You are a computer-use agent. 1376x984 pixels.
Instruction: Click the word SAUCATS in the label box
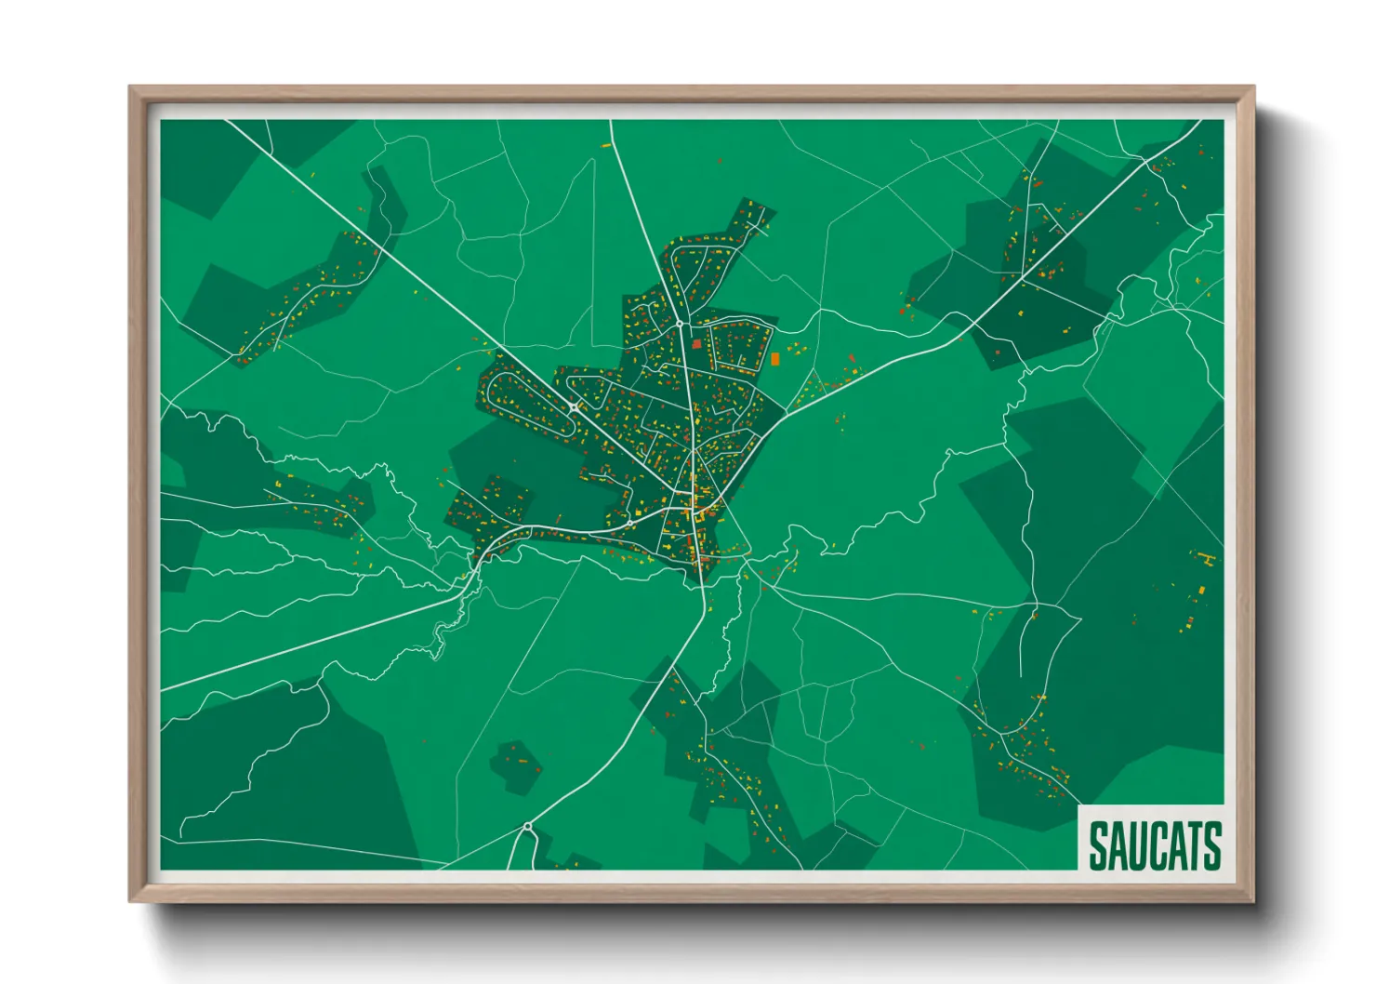coord(1154,844)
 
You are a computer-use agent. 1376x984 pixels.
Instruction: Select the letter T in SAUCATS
coord(1192,844)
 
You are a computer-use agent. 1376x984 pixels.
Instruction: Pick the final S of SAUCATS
coord(1211,844)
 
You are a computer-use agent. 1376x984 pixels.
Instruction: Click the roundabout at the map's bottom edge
coord(527,826)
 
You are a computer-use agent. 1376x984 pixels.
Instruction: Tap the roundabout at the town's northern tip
coord(681,325)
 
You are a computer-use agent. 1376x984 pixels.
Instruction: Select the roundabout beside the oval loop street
coord(575,406)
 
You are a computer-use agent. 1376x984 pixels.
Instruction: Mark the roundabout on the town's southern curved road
coord(629,524)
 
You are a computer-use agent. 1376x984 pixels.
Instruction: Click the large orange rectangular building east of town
coord(774,359)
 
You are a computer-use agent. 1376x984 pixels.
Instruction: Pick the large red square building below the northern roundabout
coord(696,344)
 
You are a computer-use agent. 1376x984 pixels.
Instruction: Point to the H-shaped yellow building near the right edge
coord(1207,559)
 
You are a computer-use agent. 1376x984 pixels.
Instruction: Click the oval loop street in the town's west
coord(530,403)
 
